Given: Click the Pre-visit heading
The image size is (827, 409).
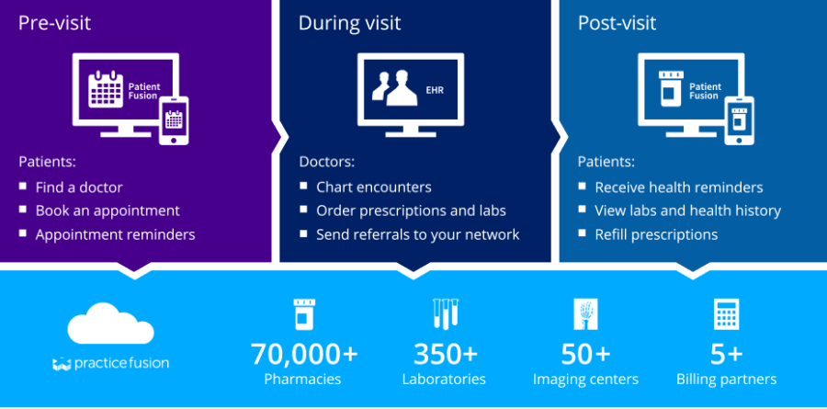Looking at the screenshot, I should [x=55, y=23].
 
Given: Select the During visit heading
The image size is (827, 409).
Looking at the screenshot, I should [x=349, y=23].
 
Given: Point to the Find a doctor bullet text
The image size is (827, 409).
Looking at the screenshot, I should [x=79, y=187].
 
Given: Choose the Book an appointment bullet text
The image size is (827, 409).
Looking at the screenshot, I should [x=108, y=211].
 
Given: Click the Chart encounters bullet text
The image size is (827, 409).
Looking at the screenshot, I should [x=374, y=187].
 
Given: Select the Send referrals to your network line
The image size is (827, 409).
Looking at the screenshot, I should [x=417, y=235].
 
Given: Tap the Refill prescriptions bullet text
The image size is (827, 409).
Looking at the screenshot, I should [x=656, y=235].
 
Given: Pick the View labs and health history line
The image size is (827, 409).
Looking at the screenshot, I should [x=687, y=211].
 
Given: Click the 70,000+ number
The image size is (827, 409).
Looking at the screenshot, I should [x=304, y=354].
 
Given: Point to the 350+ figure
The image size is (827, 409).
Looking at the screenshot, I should [x=446, y=354].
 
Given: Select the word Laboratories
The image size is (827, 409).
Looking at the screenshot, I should [x=444, y=380].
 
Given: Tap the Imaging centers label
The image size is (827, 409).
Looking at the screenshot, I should [x=585, y=380].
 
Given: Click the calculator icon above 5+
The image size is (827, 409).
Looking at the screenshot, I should [x=727, y=314].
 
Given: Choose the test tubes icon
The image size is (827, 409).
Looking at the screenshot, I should [x=445, y=314].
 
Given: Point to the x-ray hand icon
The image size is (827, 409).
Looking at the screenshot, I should [x=585, y=314].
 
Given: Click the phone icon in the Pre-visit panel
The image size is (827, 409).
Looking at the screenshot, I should [x=174, y=120].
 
